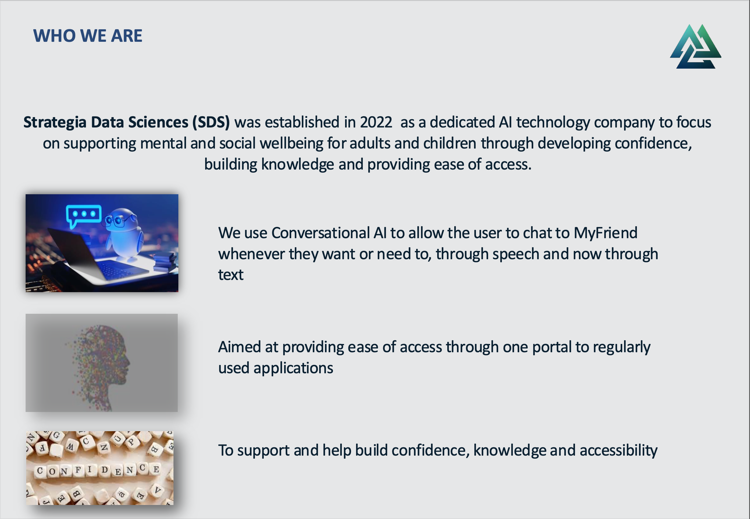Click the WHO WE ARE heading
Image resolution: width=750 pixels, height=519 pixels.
[x=87, y=35]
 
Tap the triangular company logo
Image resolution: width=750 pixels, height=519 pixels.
[x=695, y=47]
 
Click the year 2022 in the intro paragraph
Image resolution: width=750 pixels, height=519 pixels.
[x=376, y=123]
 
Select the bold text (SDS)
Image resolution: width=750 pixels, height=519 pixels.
[x=211, y=123]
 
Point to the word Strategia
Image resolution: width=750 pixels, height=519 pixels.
[x=55, y=123]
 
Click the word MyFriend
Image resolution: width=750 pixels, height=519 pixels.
[x=605, y=233]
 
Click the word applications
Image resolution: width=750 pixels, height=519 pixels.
[x=293, y=368]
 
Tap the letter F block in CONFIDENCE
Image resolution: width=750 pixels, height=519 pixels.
[x=78, y=470]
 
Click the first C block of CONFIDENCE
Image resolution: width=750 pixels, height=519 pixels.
[x=40, y=471]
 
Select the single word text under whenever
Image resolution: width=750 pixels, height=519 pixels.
[x=230, y=275]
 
